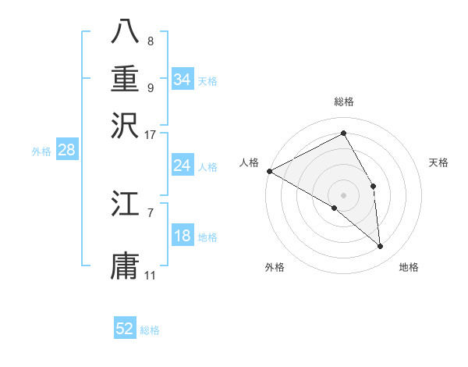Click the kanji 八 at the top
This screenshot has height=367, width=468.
click(x=126, y=31)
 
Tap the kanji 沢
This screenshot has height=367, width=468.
click(x=126, y=124)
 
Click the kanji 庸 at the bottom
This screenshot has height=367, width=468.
click(x=126, y=265)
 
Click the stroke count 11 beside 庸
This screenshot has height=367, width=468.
click(x=151, y=276)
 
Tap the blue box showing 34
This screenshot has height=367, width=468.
click(x=182, y=79)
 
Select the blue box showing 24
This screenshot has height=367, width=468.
click(x=182, y=166)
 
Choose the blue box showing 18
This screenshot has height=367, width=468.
click(x=182, y=236)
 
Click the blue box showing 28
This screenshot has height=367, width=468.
click(x=66, y=151)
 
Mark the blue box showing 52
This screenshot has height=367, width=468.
click(x=125, y=329)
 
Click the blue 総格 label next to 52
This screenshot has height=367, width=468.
click(x=151, y=330)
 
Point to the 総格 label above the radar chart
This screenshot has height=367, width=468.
click(x=344, y=102)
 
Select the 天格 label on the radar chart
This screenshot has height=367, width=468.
click(x=438, y=162)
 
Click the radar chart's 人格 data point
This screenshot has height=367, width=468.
click(x=269, y=171)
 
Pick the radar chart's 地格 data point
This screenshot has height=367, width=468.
click(x=380, y=246)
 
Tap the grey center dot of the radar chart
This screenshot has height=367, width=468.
click(x=344, y=194)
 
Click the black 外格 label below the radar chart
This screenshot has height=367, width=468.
click(x=275, y=267)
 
